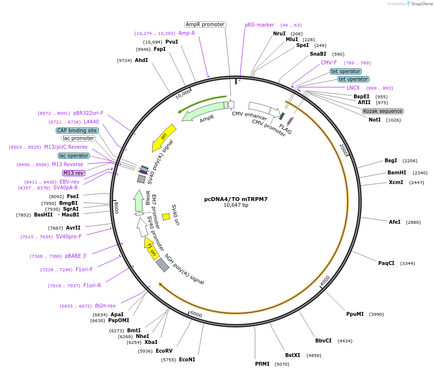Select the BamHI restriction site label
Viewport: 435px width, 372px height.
click(396, 172)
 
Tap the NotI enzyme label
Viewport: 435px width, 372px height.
click(374, 120)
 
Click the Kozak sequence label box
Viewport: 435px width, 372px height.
click(383, 111)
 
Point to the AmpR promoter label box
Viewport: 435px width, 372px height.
click(205, 24)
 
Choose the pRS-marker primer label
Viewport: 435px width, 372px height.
click(259, 25)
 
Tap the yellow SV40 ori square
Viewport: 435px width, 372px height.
click(166, 217)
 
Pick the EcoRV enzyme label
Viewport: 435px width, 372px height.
click(164, 351)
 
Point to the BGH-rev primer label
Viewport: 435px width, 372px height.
click(105, 306)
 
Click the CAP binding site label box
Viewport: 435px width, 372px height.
click(77, 130)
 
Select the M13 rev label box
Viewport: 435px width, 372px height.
click(73, 173)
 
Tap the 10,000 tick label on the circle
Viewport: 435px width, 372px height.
click(183, 93)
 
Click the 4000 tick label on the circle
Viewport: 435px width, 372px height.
click(325, 280)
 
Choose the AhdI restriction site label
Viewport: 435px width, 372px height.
click(141, 60)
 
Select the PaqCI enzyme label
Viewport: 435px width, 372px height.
click(386, 263)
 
